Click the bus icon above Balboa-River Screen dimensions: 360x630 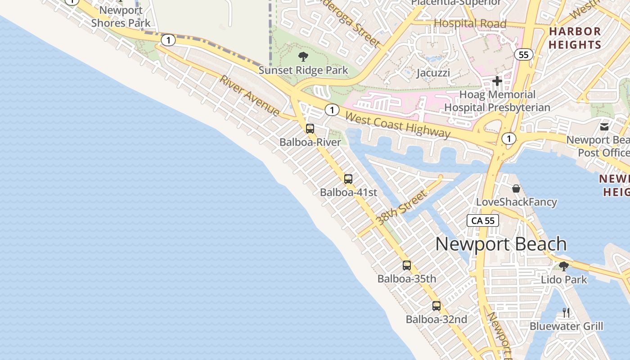click(310, 129)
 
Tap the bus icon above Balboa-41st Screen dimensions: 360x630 click(348, 179)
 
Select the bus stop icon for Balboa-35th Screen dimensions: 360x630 click(407, 265)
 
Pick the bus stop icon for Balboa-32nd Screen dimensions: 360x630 click(436, 306)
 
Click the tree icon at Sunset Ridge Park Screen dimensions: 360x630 click(303, 57)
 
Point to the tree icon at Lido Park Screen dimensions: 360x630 click(563, 266)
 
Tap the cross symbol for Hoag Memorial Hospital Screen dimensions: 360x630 click(497, 81)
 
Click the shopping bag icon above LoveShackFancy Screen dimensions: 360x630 click(516, 188)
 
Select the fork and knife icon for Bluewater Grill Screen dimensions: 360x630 click(566, 312)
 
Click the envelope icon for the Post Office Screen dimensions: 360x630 click(604, 126)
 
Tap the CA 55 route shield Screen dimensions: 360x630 click(483, 220)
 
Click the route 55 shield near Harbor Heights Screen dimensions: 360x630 click(523, 55)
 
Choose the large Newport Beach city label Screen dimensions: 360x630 click(501, 244)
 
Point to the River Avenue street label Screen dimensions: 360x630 click(250, 96)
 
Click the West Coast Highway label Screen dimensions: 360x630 click(398, 125)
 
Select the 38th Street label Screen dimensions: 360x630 click(401, 207)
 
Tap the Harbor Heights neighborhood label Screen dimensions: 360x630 click(575, 38)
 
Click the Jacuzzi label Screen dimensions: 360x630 click(433, 73)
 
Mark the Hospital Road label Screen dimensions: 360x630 click(470, 23)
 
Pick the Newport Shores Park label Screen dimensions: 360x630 click(121, 17)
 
